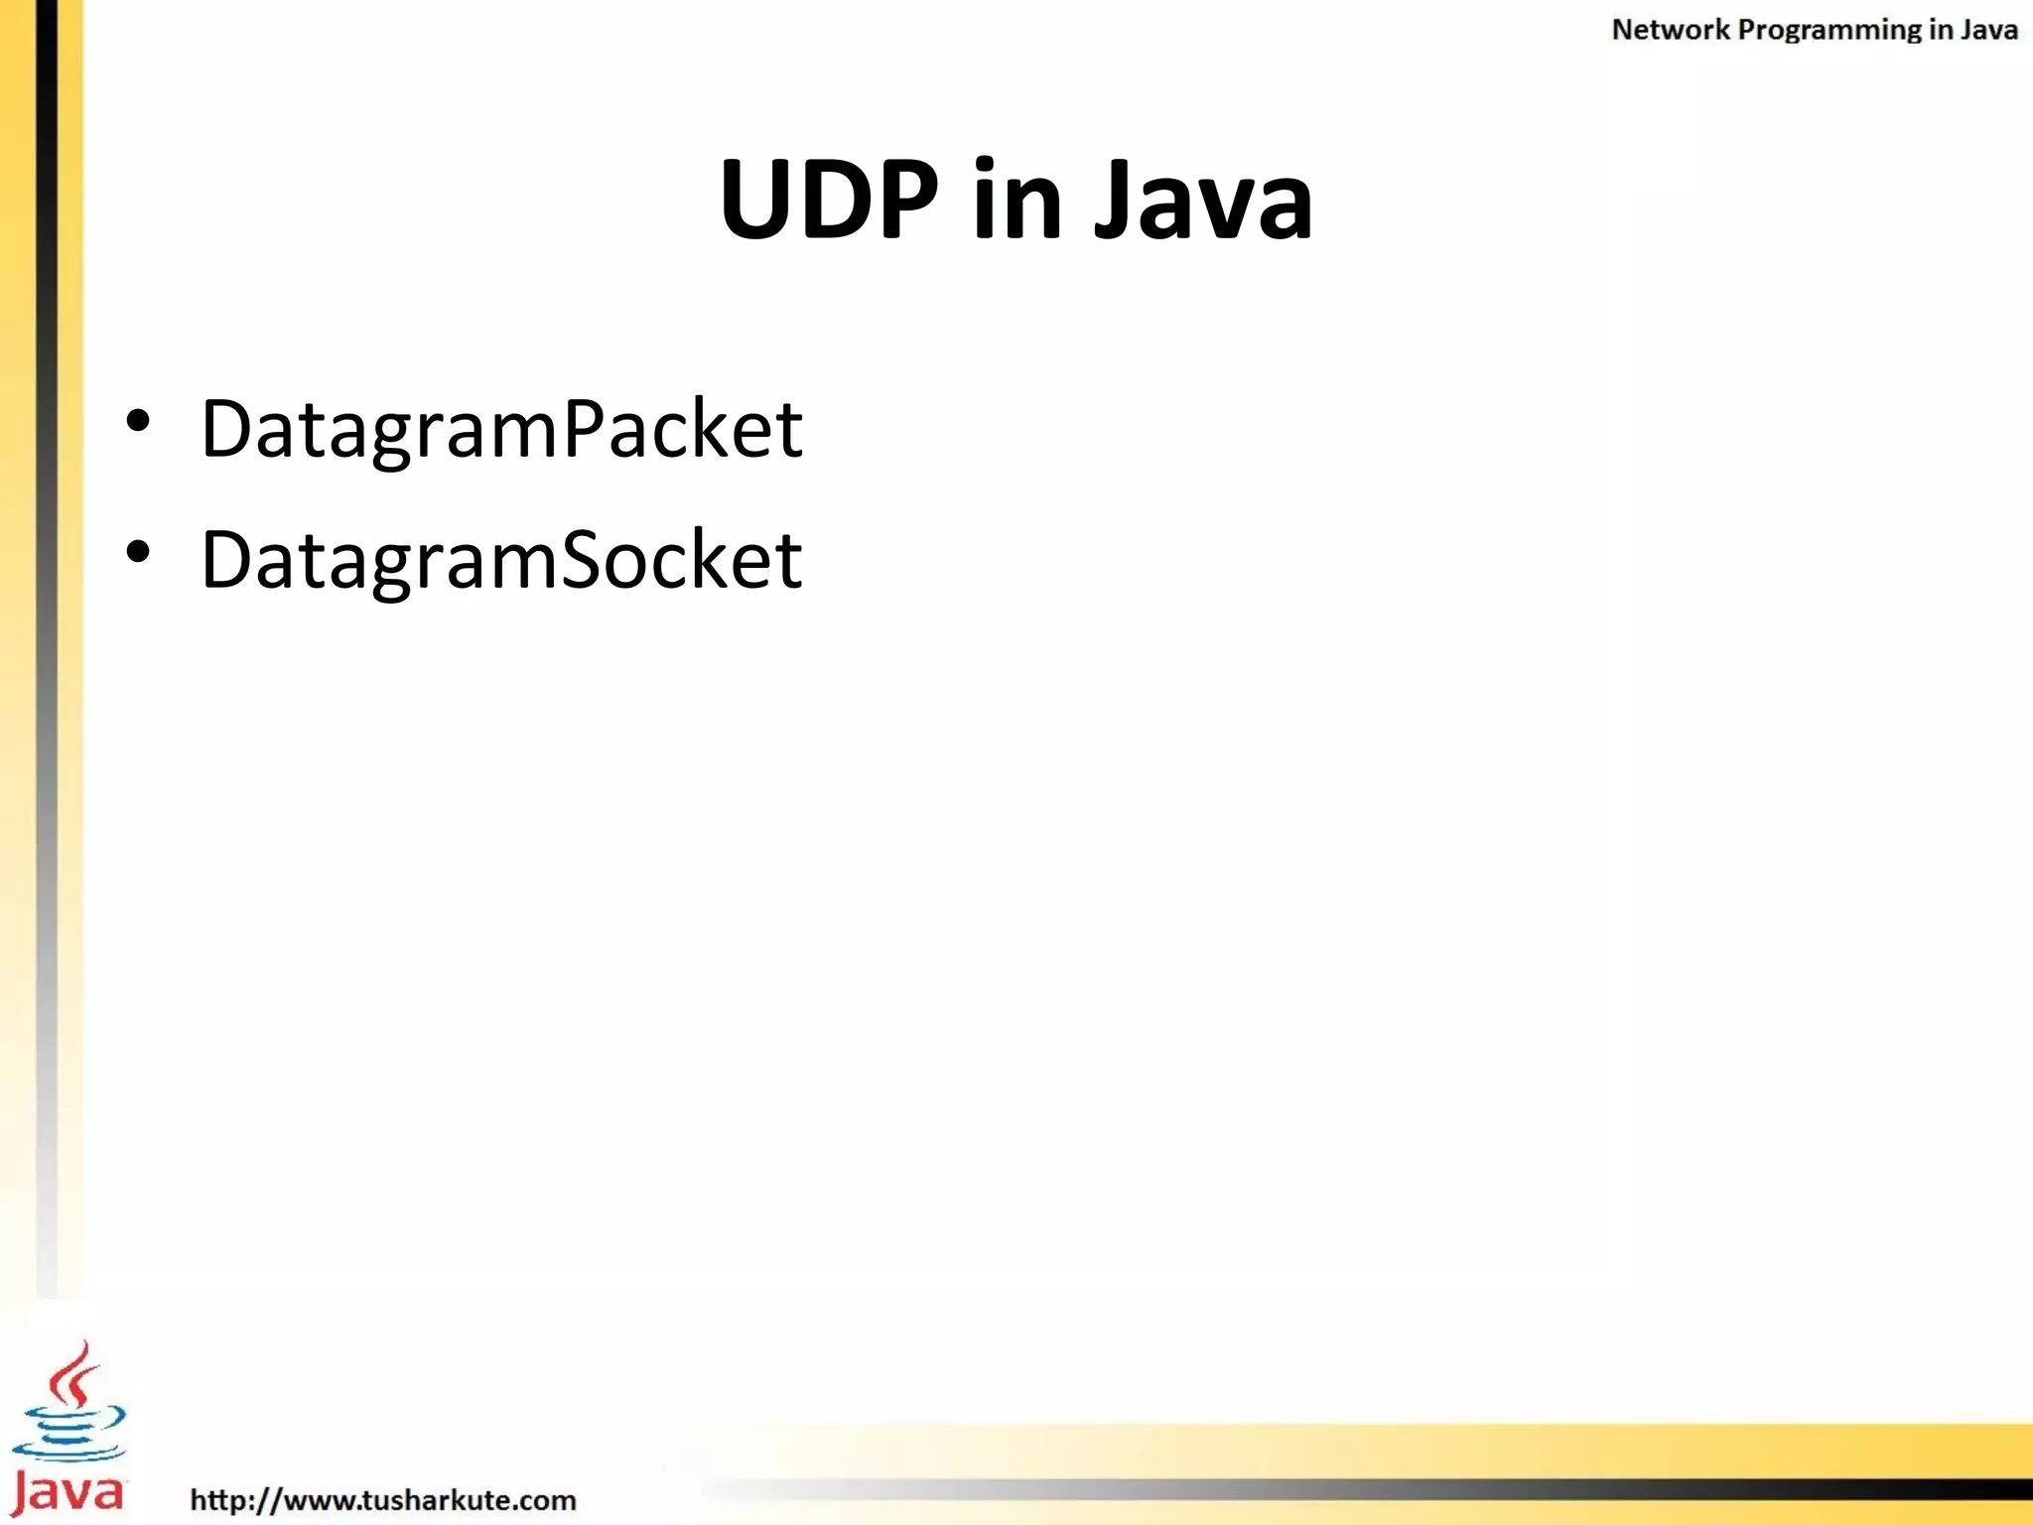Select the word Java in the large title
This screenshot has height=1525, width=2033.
click(1203, 202)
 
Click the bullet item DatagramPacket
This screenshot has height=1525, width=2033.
click(501, 429)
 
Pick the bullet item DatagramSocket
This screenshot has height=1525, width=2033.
click(501, 560)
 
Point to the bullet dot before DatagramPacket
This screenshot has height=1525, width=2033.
click(138, 421)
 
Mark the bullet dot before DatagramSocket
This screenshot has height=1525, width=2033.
click(138, 552)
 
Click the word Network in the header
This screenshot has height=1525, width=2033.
click(1670, 30)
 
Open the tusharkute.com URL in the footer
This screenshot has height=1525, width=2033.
click(383, 1499)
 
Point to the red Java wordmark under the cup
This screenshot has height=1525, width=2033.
click(68, 1492)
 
